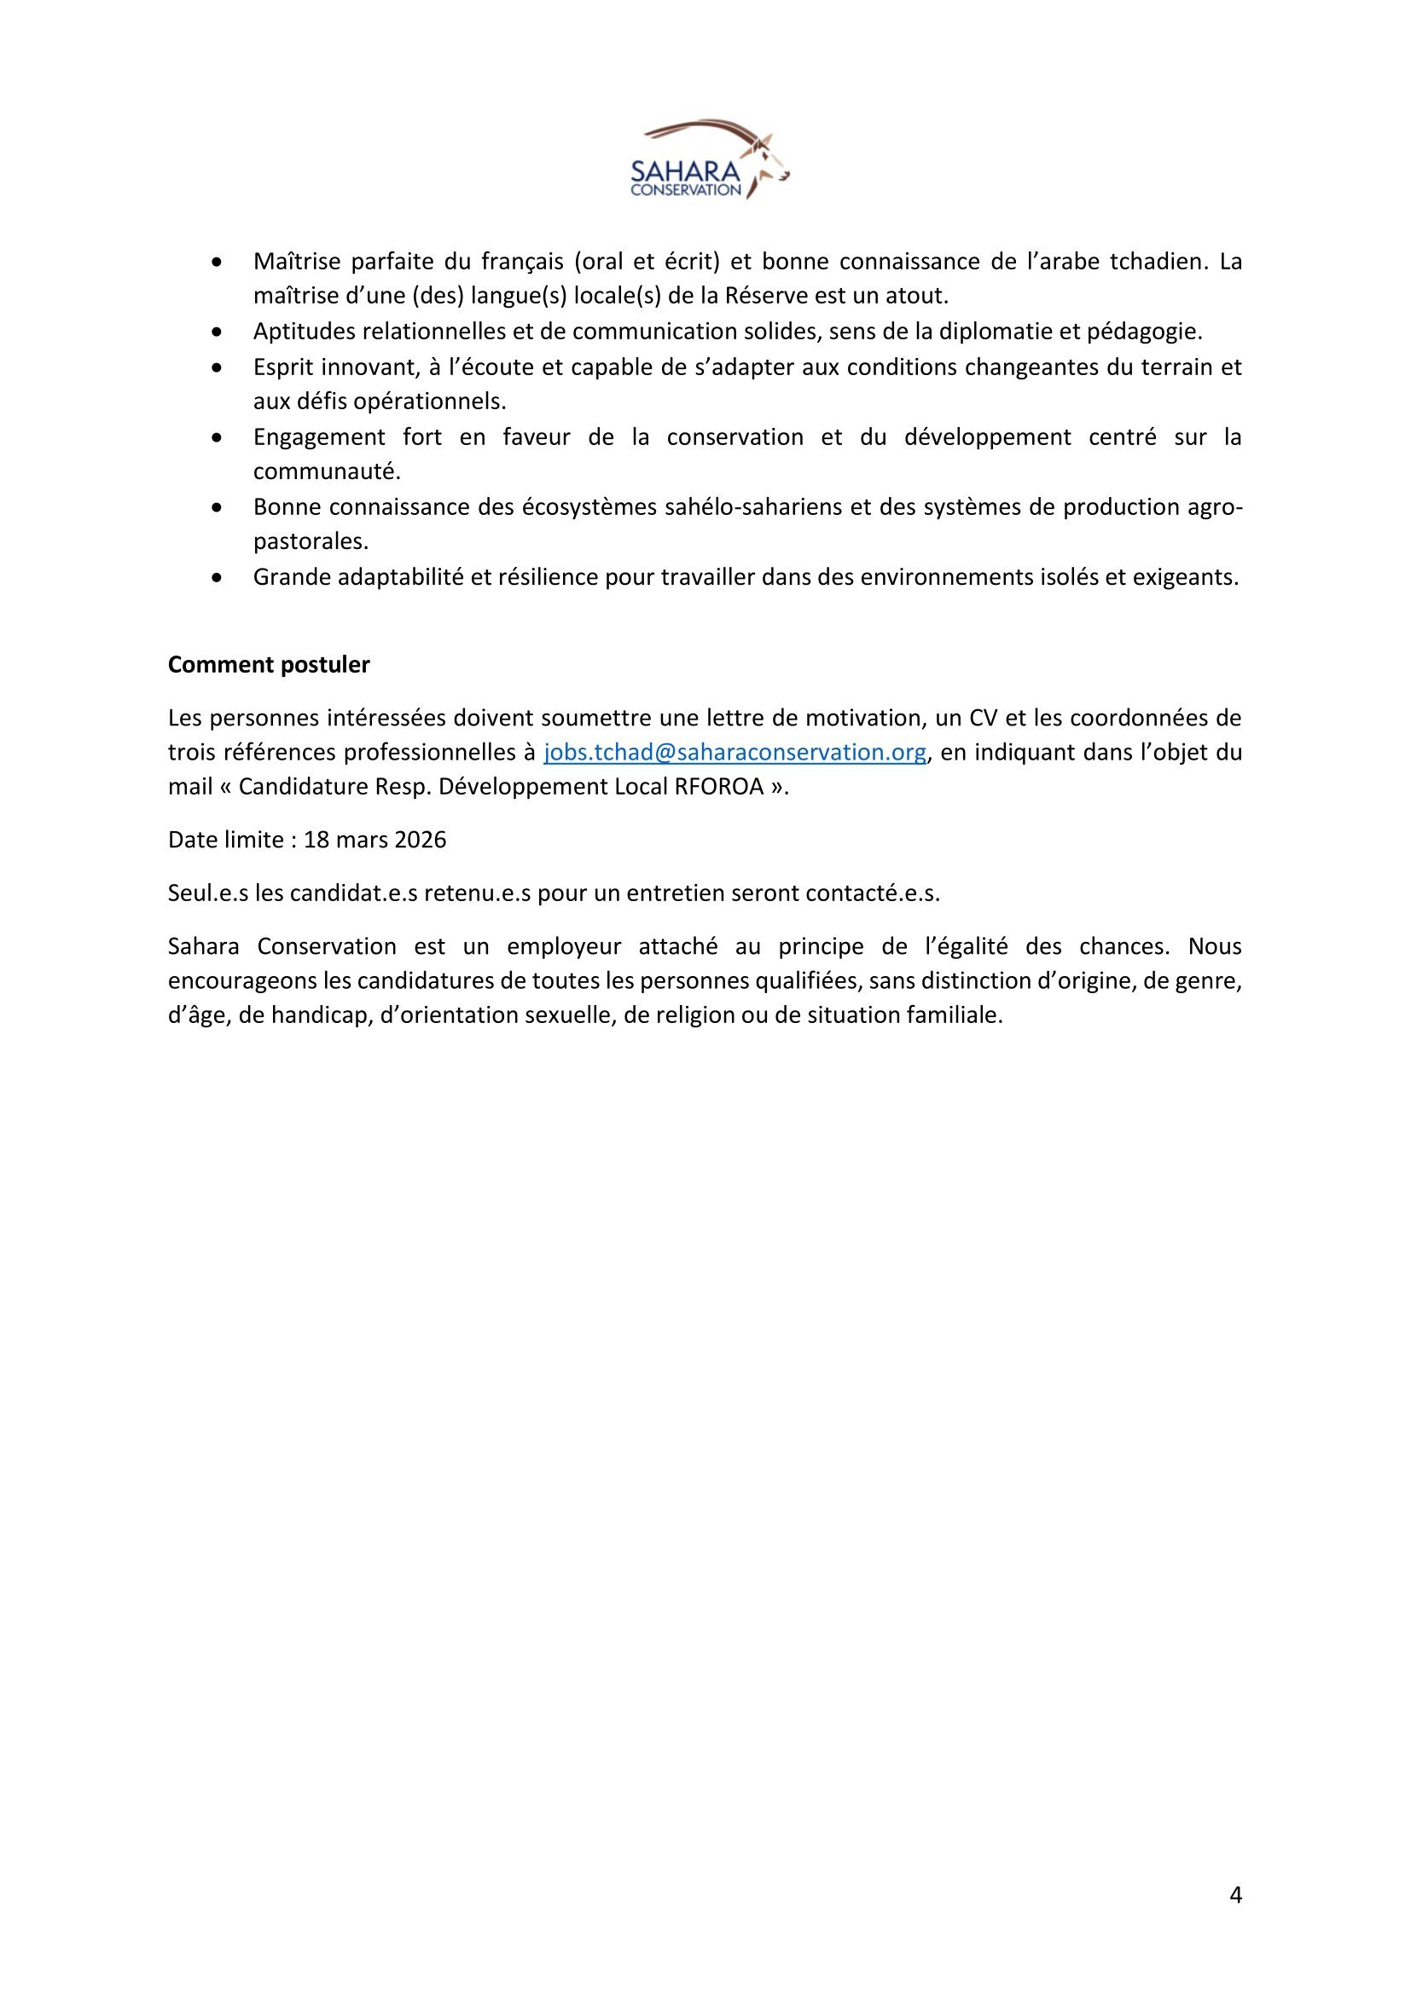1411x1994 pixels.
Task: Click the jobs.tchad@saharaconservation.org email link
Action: click(x=735, y=752)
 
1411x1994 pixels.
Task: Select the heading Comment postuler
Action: click(x=269, y=664)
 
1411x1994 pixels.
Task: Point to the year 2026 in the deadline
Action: click(x=420, y=840)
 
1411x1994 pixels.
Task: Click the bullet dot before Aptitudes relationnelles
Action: click(x=218, y=332)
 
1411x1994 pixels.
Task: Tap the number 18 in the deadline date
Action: click(x=315, y=840)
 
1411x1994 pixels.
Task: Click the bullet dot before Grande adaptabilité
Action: click(x=218, y=577)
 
